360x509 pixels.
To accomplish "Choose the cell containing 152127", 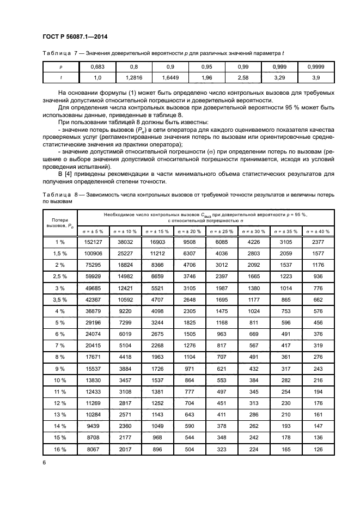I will click(x=94, y=242).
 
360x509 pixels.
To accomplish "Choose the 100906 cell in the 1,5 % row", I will click(x=94, y=254).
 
